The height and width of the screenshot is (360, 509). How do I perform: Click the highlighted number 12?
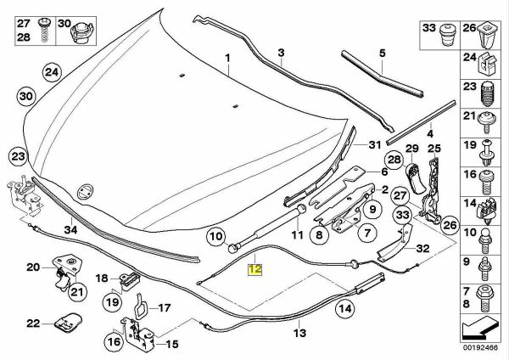coord(255,269)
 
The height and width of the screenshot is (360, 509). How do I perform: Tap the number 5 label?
coord(382,53)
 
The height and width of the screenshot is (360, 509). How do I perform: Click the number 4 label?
coord(429,133)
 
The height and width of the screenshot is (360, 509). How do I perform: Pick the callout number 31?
coord(371,146)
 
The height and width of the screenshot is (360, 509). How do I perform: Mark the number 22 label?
coord(32,323)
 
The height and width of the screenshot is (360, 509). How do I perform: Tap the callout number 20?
coord(32,267)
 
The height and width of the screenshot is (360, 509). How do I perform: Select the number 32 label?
coord(422,248)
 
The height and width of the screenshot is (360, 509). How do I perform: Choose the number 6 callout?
coord(371,171)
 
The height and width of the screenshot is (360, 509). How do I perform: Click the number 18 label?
coord(101,278)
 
